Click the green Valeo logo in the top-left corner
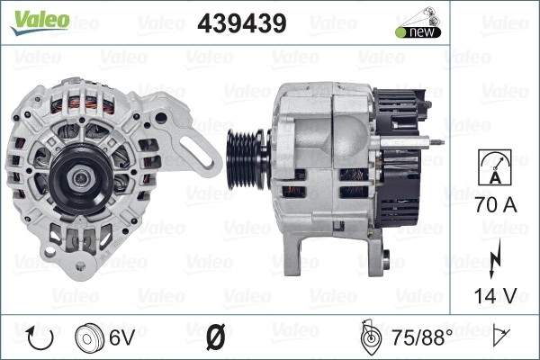point(40,22)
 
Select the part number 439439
point(242,23)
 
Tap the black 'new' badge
point(418,32)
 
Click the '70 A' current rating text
point(496,204)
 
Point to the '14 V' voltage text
point(495,295)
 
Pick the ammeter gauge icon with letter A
point(495,167)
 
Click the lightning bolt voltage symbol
point(494,259)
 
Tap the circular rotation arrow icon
point(40,337)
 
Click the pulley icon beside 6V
point(89,337)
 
